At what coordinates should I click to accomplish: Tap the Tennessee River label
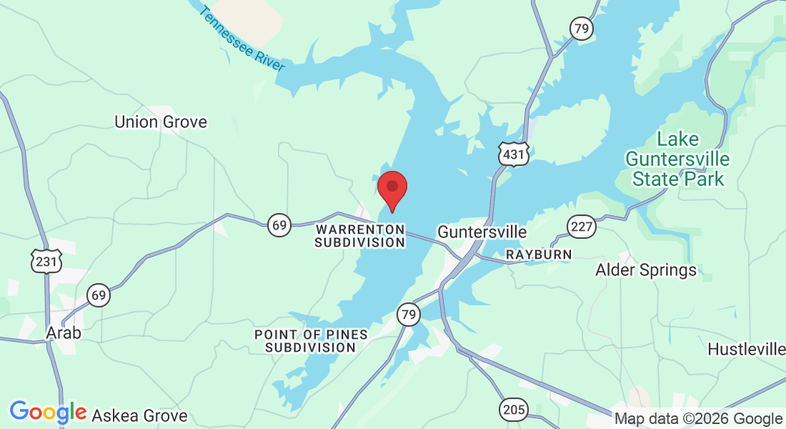(243, 39)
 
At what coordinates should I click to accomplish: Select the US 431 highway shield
(513, 154)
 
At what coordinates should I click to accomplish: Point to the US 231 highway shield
(46, 262)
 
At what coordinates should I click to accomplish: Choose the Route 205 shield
(513, 410)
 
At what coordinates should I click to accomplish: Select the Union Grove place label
(161, 122)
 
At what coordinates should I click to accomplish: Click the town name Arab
(64, 333)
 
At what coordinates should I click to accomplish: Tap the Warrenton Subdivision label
(360, 236)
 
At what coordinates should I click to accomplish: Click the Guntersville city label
(482, 232)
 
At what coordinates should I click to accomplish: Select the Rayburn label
(539, 255)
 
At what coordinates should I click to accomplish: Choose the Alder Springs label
(646, 270)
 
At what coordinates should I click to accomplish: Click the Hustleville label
(746, 349)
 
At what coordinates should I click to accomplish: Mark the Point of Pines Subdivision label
(311, 341)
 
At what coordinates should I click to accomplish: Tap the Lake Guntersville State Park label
(678, 159)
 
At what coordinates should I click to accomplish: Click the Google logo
(48, 413)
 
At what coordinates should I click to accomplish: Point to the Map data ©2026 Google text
(698, 418)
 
